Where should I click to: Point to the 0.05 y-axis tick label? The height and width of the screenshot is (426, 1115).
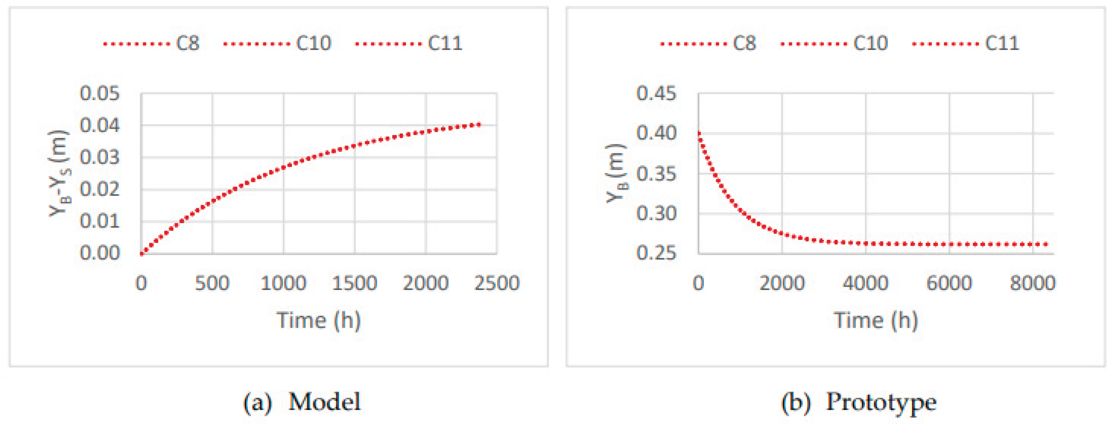click(x=99, y=94)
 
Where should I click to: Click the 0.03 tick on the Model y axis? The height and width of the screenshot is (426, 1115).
click(x=99, y=157)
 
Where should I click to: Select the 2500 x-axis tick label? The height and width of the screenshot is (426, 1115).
click(x=496, y=283)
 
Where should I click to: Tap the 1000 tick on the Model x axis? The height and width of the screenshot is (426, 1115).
click(x=283, y=283)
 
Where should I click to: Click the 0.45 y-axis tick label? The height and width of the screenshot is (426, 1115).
click(x=656, y=94)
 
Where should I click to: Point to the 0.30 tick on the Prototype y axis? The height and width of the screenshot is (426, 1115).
click(x=656, y=213)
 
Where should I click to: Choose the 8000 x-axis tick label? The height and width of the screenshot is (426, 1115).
click(x=1032, y=283)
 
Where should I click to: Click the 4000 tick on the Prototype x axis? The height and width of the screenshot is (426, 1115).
click(x=865, y=283)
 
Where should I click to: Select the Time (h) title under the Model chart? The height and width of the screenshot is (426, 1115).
click(x=319, y=320)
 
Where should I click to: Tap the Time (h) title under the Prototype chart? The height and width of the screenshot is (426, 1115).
click(x=876, y=320)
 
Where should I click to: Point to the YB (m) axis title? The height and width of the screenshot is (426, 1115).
click(x=616, y=173)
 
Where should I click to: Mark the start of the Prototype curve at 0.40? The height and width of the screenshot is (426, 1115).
click(x=699, y=133)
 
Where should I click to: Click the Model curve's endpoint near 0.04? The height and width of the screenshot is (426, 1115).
click(x=480, y=124)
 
